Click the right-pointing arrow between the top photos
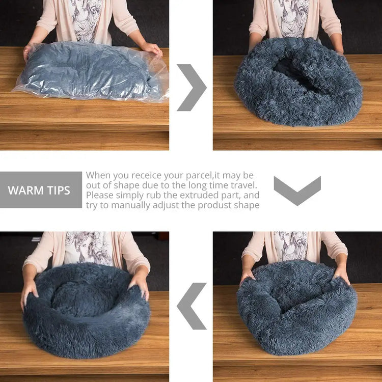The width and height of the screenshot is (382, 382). [193, 87]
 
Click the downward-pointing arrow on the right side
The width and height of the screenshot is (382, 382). [297, 190]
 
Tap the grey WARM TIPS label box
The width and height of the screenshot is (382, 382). [41, 190]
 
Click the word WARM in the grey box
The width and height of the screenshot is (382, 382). [24, 190]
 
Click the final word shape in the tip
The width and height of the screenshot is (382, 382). [247, 205]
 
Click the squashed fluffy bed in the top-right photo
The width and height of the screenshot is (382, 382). [298, 81]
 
